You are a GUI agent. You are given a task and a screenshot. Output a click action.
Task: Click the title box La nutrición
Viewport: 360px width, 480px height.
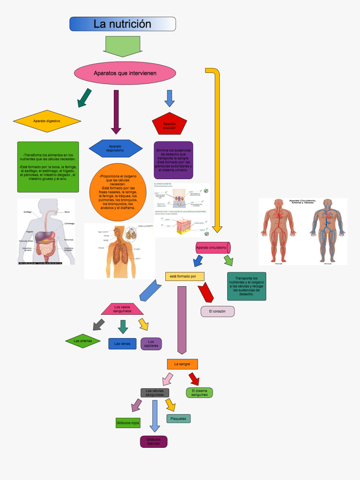click(x=122, y=24)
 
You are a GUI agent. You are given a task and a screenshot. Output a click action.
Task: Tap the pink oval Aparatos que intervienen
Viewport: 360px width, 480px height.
click(x=125, y=73)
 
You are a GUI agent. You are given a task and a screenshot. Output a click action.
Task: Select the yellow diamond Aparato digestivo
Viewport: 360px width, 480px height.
click(x=47, y=121)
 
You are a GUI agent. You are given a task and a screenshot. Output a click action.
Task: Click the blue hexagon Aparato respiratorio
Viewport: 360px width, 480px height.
click(x=116, y=148)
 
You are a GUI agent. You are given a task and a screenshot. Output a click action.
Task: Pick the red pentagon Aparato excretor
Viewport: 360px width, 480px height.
click(x=170, y=124)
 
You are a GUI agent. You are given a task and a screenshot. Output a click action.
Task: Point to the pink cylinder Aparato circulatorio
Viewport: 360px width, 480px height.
click(x=213, y=248)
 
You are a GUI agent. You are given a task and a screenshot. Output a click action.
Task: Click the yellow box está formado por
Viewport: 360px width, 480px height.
click(x=185, y=276)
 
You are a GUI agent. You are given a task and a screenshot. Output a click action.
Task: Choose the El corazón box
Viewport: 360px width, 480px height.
click(x=217, y=311)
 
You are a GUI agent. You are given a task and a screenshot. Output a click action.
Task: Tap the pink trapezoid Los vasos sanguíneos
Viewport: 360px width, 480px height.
click(x=123, y=309)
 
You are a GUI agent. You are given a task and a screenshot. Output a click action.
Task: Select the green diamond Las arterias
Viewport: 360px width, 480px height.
click(x=83, y=341)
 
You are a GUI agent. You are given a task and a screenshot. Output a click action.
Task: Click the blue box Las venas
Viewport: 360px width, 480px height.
click(x=122, y=344)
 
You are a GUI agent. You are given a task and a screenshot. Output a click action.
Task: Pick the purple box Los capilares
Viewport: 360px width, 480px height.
click(x=151, y=344)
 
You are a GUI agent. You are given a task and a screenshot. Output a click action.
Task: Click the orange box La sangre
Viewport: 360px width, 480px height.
click(x=182, y=364)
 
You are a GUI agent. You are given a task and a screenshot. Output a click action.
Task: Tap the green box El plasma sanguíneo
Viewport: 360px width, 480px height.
click(x=199, y=393)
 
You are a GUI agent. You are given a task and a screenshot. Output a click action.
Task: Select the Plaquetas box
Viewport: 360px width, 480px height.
click(x=178, y=418)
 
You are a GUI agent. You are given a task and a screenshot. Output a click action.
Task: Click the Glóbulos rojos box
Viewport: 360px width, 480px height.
click(x=128, y=423)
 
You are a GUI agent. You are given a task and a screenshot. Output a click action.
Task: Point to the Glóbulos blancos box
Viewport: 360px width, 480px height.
click(x=154, y=441)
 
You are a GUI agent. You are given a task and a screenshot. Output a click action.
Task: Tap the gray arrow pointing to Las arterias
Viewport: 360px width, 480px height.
click(x=98, y=324)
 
